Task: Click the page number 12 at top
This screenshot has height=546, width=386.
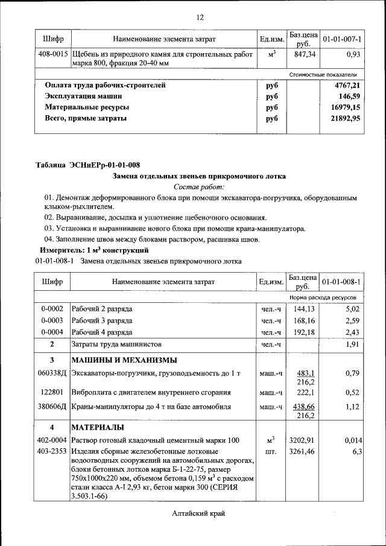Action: point(200,16)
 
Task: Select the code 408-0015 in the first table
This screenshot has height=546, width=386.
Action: point(52,55)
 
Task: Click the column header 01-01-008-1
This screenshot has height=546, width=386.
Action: point(342,282)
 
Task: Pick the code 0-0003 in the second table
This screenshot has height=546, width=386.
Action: point(52,320)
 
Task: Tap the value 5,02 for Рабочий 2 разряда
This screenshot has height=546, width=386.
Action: point(352,309)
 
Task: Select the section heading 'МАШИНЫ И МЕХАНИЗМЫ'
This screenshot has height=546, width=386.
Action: point(124,361)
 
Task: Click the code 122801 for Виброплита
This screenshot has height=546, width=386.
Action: point(52,393)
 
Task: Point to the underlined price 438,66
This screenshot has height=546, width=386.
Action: point(303,407)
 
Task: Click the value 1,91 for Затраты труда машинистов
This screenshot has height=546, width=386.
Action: point(352,344)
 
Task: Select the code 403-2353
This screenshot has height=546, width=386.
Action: point(52,451)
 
